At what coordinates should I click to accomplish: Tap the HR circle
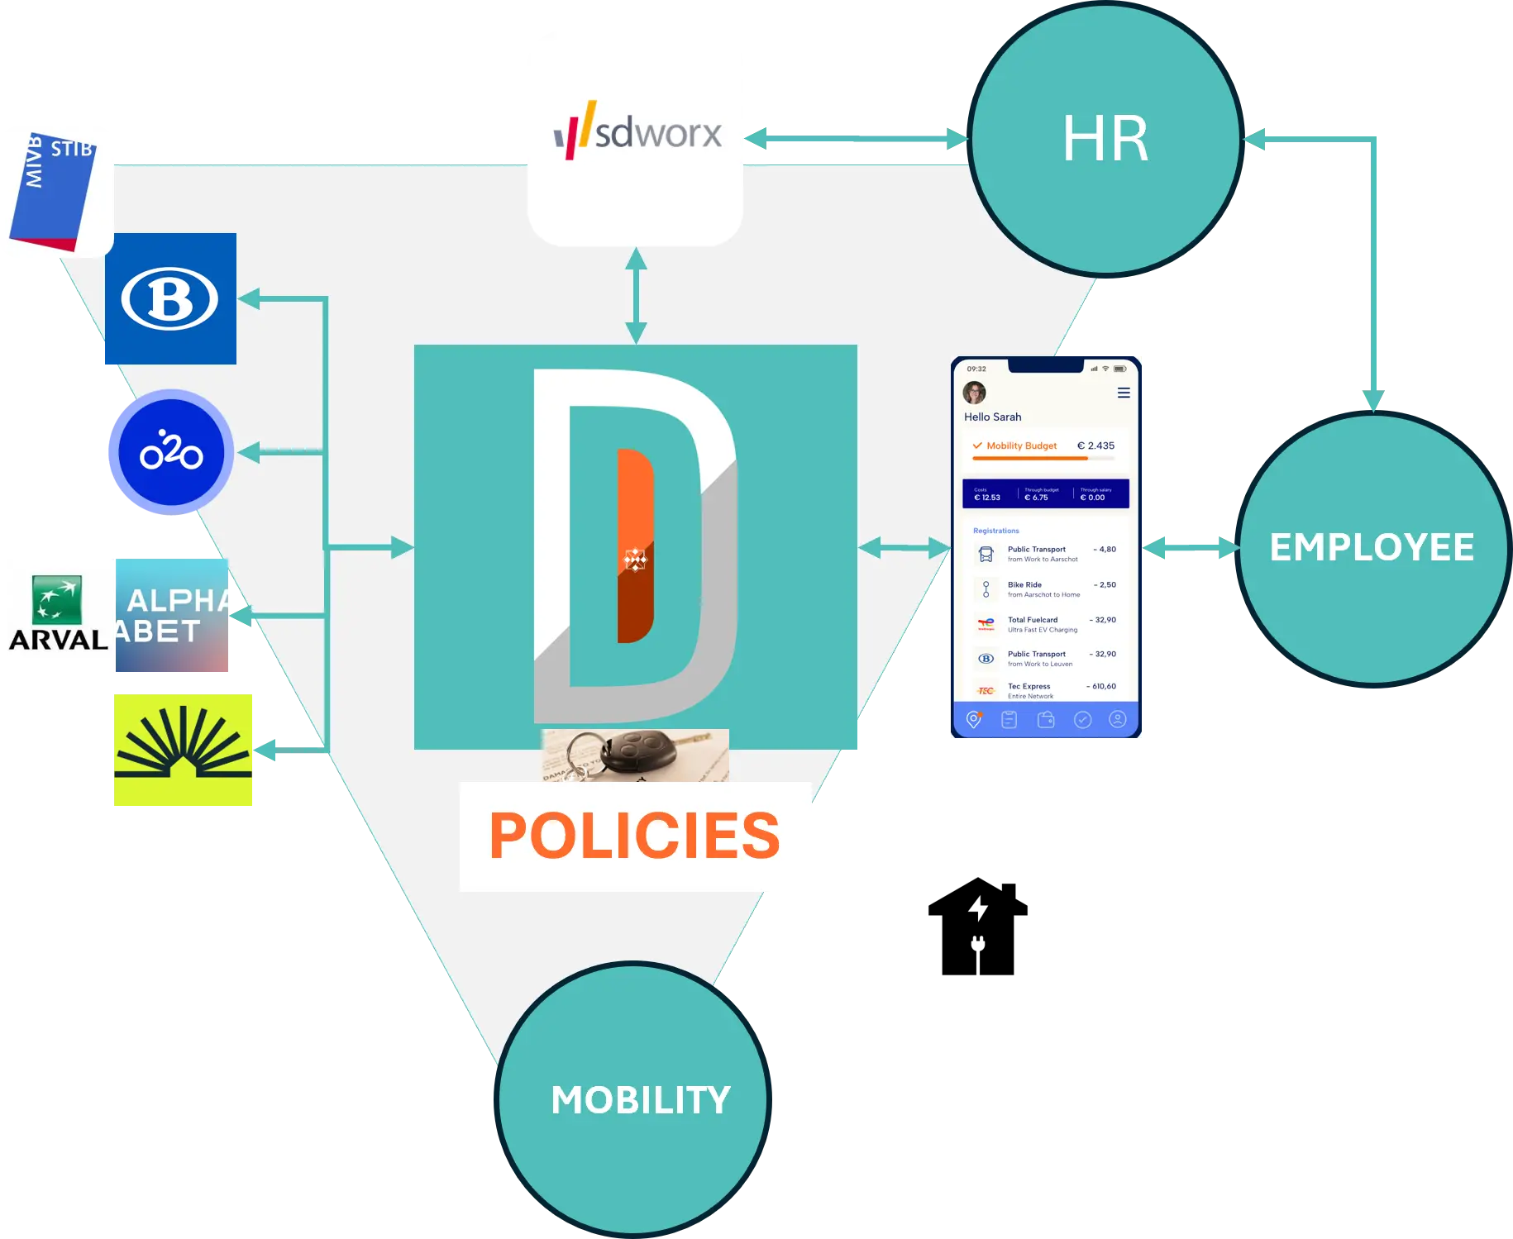tap(1105, 139)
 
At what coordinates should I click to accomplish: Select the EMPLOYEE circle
tap(1372, 547)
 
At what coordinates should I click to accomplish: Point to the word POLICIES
tap(635, 836)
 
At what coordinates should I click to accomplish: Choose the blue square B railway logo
tap(170, 298)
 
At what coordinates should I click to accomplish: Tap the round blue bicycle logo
tap(171, 452)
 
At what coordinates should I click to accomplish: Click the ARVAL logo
tap(60, 614)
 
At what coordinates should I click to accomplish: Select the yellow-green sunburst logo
tap(184, 750)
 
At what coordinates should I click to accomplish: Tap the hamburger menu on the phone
tap(1124, 393)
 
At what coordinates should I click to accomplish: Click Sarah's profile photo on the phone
tap(975, 393)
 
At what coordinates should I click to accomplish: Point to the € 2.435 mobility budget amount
tap(1095, 446)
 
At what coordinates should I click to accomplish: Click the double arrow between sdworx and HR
tap(857, 139)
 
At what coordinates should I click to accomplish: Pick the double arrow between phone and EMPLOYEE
tap(1191, 547)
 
